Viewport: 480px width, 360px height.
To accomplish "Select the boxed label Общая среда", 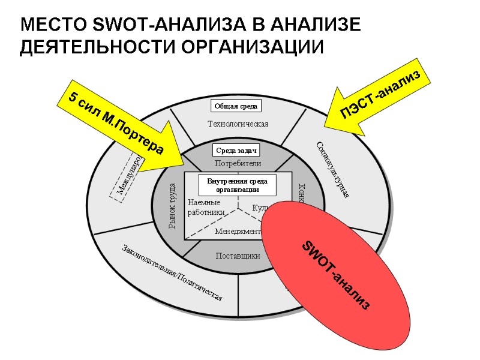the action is click(236, 106).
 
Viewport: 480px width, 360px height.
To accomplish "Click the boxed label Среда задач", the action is click(236, 151).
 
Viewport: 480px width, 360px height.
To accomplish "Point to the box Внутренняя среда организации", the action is click(238, 185).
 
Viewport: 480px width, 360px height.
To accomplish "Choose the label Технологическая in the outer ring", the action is click(238, 124).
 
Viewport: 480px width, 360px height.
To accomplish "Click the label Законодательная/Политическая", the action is click(173, 273).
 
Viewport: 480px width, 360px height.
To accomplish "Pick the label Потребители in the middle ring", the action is click(238, 163).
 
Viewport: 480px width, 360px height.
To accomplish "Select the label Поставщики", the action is click(238, 256).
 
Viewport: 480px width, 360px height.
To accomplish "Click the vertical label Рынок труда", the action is click(172, 206).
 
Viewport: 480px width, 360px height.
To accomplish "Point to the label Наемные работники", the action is click(206, 208).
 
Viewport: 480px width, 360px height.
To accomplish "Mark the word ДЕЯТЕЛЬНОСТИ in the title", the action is click(99, 47).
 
